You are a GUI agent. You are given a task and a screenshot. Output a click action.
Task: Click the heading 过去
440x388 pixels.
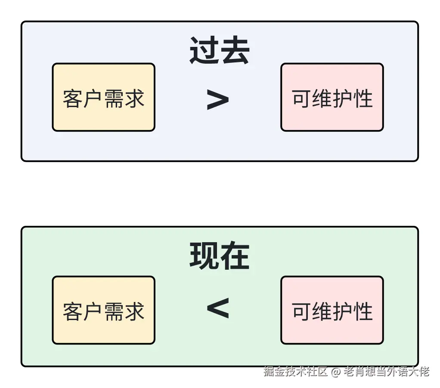tap(220, 51)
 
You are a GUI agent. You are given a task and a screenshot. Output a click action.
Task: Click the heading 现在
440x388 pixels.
tap(220, 256)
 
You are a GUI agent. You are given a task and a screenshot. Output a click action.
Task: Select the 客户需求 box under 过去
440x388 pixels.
tap(103, 98)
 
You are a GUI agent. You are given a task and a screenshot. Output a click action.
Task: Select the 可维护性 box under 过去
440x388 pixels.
tap(332, 98)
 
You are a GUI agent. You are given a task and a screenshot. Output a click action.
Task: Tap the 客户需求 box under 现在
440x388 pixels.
tap(103, 310)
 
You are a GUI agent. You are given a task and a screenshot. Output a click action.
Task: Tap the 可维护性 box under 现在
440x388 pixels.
tap(332, 310)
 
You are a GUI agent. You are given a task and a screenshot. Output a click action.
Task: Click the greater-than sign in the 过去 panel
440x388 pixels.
tap(217, 100)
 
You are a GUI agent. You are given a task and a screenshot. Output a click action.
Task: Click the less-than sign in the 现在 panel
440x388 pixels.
tap(217, 308)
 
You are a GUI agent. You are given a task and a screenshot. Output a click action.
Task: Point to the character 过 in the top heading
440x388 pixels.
tap(205, 51)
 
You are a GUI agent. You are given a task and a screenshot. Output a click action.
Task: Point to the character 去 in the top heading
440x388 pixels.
tap(235, 51)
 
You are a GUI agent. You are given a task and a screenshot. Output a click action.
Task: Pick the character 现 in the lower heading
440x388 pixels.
tap(205, 256)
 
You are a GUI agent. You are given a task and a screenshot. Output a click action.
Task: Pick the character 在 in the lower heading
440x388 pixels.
tap(235, 256)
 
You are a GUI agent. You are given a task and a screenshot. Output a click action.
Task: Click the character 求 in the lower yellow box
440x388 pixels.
tap(134, 311)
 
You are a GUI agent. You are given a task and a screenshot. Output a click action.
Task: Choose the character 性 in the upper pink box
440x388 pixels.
tap(363, 99)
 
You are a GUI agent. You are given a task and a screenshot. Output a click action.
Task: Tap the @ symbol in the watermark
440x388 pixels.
tap(336, 371)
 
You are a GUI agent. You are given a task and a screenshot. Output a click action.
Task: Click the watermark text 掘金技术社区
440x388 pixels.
tap(296, 371)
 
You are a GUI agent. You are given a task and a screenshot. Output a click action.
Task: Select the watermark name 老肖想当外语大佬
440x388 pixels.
tap(386, 371)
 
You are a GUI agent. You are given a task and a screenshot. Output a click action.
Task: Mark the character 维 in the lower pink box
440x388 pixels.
tap(322, 311)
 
